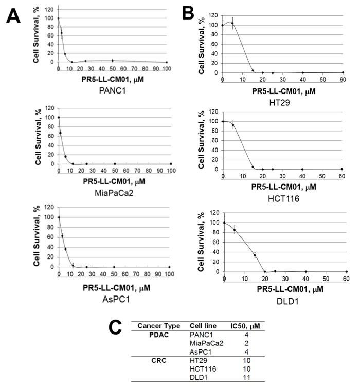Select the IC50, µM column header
247,326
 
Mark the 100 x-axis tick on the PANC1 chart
167,68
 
